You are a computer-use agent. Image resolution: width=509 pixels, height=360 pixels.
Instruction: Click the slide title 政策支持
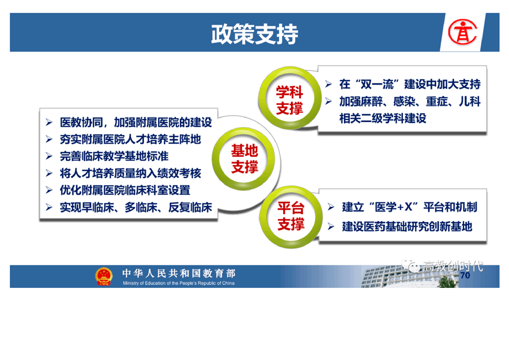(x=254, y=34)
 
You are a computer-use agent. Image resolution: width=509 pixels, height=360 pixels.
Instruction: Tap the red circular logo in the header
(x=462, y=31)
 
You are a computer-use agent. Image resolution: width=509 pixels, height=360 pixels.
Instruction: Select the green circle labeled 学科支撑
(x=290, y=98)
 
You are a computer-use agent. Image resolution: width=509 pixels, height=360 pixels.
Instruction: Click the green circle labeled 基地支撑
(x=244, y=159)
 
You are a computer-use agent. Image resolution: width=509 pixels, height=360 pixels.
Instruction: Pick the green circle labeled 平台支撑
(x=291, y=217)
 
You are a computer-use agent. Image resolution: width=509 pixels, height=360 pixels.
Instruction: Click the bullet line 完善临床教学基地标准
(x=114, y=156)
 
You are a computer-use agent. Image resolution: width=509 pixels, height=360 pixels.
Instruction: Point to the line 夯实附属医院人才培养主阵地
(x=130, y=139)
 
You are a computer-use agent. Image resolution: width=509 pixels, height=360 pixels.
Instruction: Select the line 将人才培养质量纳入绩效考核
(x=130, y=173)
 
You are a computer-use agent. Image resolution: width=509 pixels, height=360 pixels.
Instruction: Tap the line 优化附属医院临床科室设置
(x=125, y=190)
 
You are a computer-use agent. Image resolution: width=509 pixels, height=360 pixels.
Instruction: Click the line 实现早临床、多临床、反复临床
(x=136, y=207)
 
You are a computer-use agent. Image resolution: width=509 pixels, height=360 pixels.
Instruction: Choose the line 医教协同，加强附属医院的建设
(x=136, y=123)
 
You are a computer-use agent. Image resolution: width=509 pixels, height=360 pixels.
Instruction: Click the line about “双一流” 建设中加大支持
(x=410, y=84)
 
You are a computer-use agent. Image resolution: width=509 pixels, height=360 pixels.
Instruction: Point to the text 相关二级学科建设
(x=383, y=118)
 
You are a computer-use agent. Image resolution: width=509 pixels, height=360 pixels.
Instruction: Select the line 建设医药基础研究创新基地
(x=407, y=227)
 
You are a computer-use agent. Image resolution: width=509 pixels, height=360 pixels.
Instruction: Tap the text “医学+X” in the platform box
(x=393, y=207)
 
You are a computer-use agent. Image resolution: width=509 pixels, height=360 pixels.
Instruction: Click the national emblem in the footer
(x=103, y=276)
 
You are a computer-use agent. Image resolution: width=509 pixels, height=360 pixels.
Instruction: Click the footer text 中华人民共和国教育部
(x=179, y=273)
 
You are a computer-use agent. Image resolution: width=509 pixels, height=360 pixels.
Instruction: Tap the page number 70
(x=465, y=276)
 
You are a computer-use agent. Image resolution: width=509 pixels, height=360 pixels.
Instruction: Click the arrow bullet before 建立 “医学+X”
(x=331, y=207)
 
